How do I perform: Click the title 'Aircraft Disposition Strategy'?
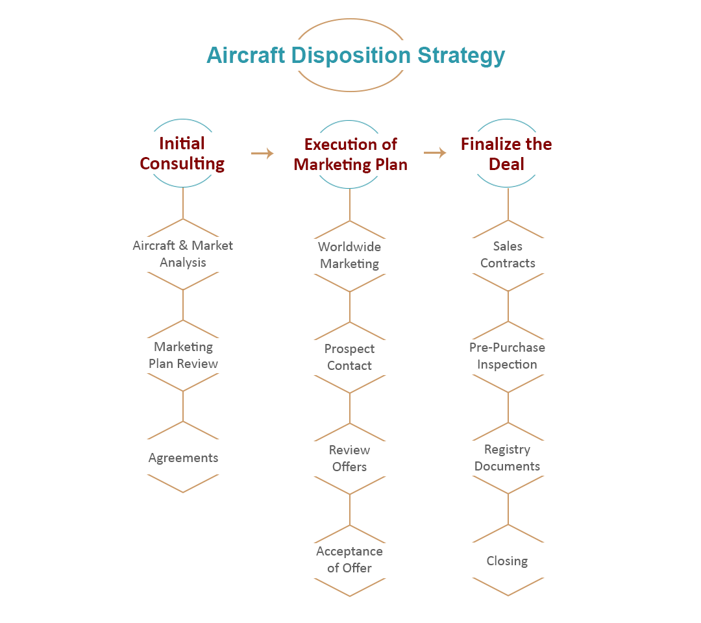(355, 55)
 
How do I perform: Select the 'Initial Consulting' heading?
(182, 153)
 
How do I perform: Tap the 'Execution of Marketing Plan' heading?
(350, 154)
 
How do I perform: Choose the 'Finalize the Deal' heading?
(506, 154)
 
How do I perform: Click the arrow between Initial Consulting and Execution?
(262, 153)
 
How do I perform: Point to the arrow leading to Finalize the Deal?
(435, 153)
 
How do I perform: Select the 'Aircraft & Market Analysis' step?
(182, 254)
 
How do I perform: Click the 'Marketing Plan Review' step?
(183, 355)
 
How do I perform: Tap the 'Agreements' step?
(183, 458)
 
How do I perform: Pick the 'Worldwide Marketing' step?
(349, 255)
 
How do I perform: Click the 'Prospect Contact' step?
(349, 357)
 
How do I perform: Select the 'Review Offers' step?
(349, 458)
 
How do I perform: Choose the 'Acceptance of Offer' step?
(349, 559)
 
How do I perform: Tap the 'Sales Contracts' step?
(508, 254)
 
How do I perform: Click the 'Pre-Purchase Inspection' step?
(507, 356)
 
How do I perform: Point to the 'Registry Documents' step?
(507, 458)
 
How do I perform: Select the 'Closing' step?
(507, 561)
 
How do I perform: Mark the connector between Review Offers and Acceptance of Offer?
(350, 509)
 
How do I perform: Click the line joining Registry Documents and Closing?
(508, 509)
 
